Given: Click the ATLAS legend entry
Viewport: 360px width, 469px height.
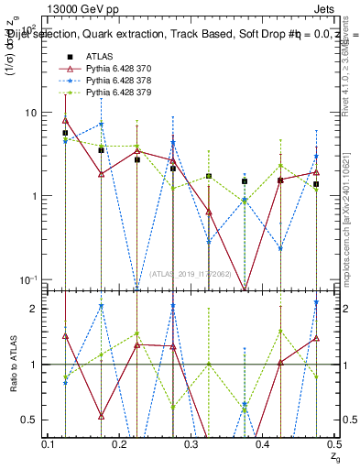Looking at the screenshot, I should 99,57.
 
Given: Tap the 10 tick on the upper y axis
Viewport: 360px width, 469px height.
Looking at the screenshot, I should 28,113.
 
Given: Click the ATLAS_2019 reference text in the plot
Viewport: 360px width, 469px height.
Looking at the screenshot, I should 191,273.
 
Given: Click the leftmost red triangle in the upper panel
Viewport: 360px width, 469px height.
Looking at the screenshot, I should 65,120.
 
